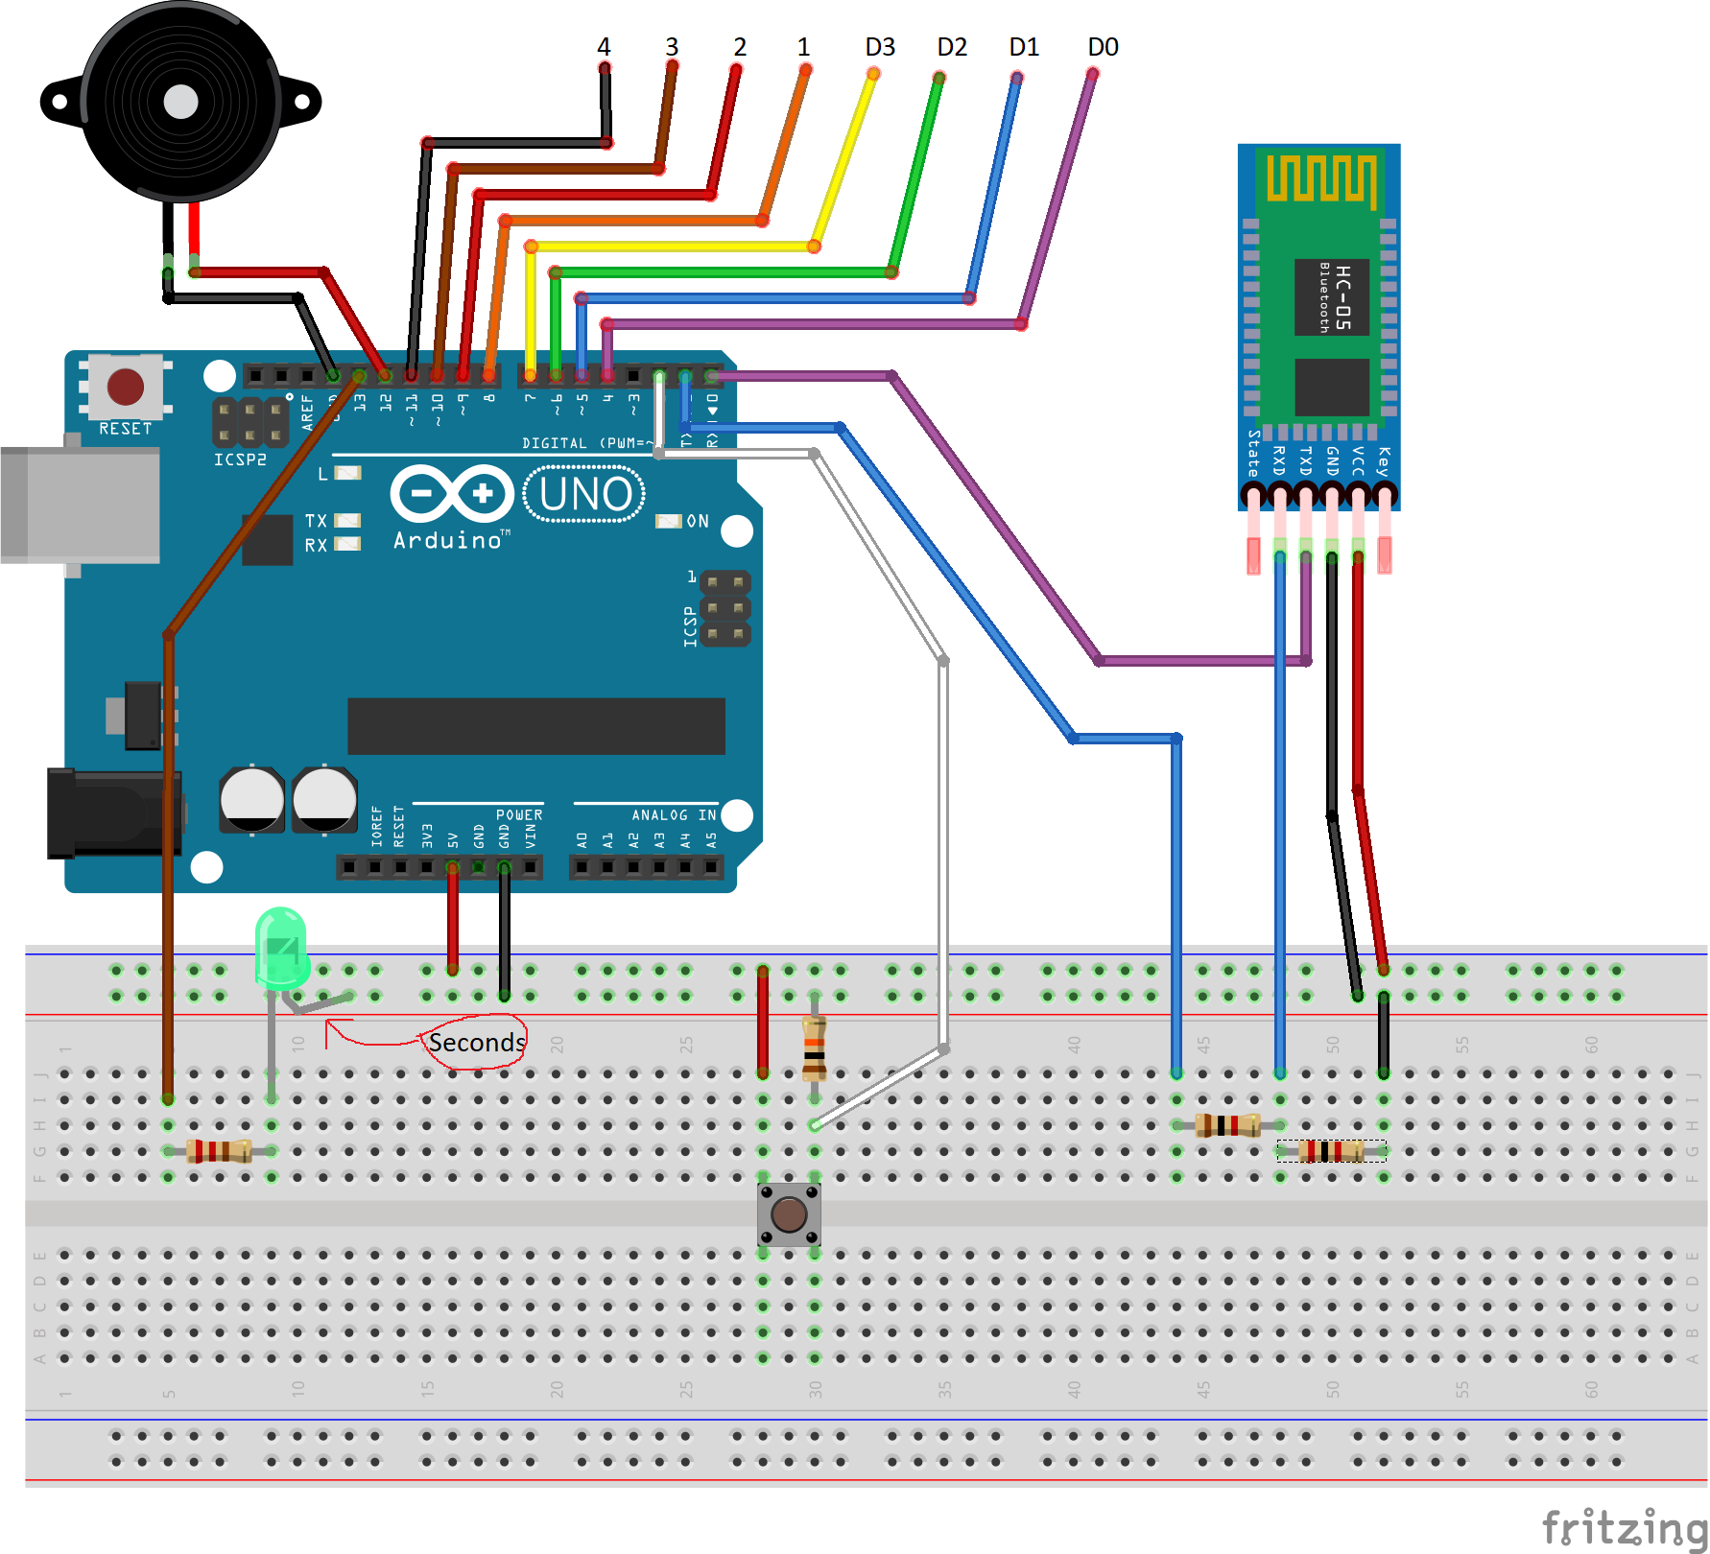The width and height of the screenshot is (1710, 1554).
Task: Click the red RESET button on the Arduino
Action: (126, 387)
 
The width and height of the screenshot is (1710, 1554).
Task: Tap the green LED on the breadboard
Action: (281, 948)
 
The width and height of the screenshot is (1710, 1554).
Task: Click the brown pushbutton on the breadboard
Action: (789, 1214)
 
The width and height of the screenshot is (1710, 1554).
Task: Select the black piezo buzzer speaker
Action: (180, 103)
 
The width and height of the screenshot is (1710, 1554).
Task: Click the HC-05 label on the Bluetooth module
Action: (1342, 297)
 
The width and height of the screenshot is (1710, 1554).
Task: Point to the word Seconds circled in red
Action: (476, 1043)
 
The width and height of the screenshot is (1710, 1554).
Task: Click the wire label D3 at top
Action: (879, 47)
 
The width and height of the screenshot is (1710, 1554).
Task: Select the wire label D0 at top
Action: (1103, 47)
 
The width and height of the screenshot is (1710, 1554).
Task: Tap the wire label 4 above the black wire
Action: (604, 47)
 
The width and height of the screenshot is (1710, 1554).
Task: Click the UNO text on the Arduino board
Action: (584, 495)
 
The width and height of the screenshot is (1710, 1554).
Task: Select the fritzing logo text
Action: (1624, 1527)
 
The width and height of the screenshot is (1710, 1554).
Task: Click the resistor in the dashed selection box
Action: (1331, 1151)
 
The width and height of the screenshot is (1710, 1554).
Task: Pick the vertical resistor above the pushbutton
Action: (814, 1048)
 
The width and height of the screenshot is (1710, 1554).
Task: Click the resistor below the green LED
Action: (220, 1150)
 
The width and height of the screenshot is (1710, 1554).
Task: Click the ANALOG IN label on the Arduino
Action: (673, 814)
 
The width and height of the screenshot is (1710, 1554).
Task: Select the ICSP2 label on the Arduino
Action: (240, 459)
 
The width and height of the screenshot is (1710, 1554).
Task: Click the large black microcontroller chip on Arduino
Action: (535, 726)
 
